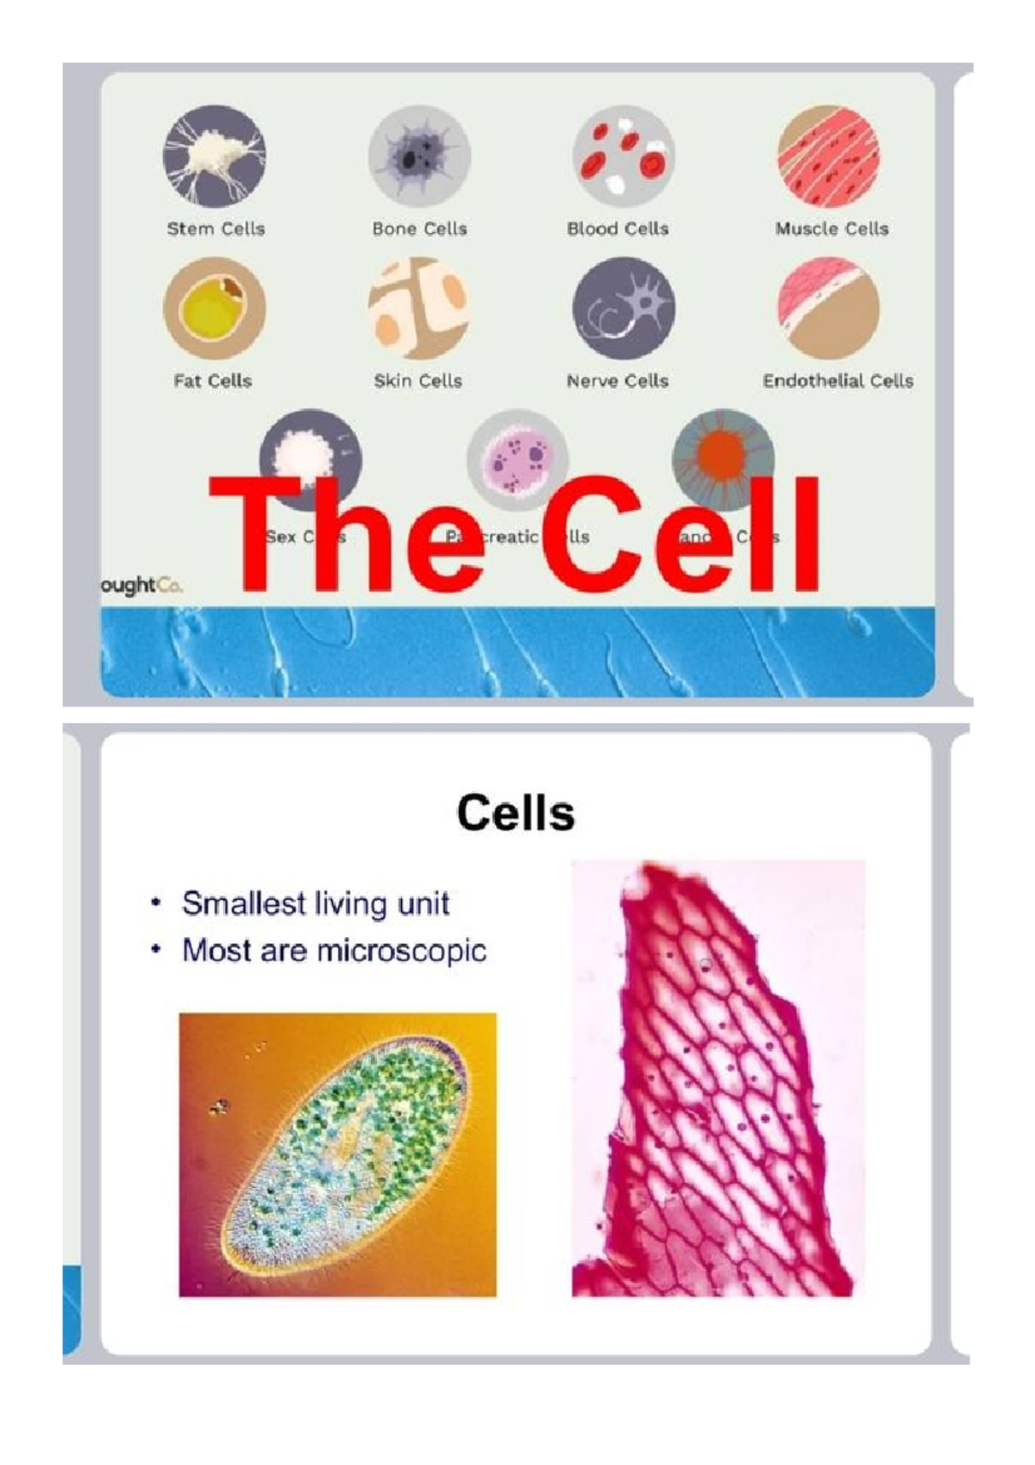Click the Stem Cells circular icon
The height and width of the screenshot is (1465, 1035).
tap(215, 156)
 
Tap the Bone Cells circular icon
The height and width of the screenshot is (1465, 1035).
tap(419, 156)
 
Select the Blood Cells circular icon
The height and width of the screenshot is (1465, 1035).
tap(624, 156)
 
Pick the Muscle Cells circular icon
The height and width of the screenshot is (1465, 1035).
tap(828, 156)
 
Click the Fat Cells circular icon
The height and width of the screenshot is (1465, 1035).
tap(215, 308)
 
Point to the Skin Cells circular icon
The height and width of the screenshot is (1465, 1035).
tap(419, 308)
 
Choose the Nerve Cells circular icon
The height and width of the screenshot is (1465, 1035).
tap(624, 308)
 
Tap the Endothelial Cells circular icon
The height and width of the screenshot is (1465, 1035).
tap(828, 308)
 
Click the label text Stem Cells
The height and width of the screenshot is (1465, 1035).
tap(216, 229)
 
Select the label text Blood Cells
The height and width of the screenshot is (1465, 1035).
tap(618, 229)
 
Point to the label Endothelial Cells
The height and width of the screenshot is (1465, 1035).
tap(837, 380)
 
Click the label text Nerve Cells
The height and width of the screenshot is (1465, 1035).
tap(618, 380)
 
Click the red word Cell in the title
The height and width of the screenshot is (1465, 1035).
tap(671, 537)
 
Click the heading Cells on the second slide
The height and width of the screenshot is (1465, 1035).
tap(516, 813)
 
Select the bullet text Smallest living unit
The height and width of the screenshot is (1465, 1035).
tap(315, 903)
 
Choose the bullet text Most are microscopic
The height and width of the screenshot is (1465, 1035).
tap(334, 950)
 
